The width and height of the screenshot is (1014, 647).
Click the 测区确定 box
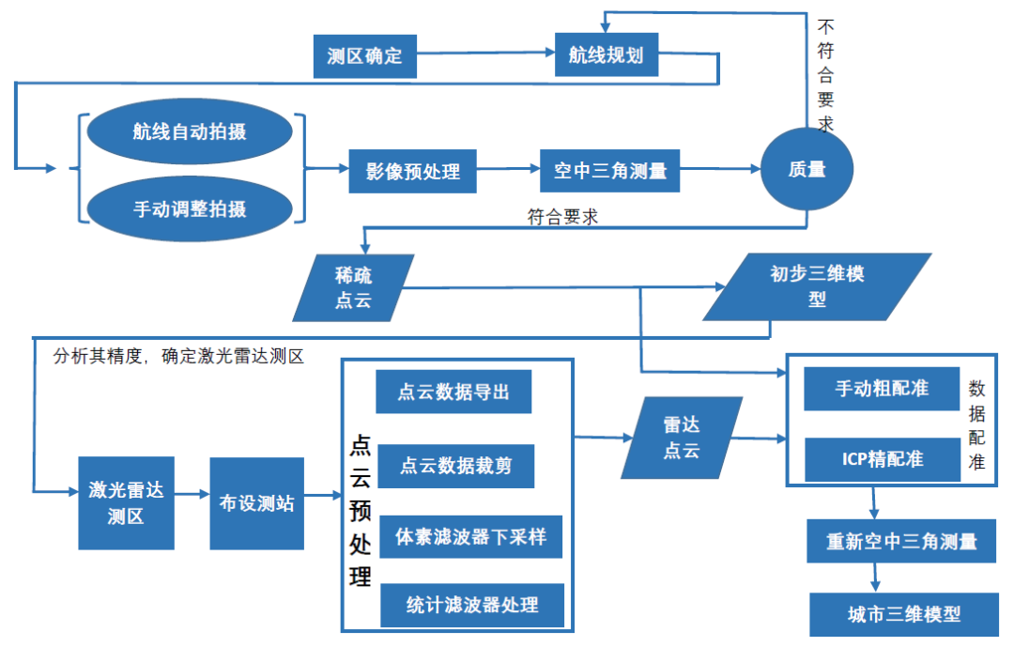(x=364, y=56)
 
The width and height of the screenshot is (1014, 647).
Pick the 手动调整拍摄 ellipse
(x=189, y=209)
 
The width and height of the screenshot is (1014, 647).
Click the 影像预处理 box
(x=412, y=172)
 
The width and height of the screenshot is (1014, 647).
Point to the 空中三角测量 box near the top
(x=609, y=171)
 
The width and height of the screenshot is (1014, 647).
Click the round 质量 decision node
(x=807, y=169)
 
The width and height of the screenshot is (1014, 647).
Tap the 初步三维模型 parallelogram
(x=816, y=286)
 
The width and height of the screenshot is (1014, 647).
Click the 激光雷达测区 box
(x=126, y=502)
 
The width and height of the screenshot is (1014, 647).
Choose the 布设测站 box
(x=256, y=503)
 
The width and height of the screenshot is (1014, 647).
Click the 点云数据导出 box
(x=453, y=392)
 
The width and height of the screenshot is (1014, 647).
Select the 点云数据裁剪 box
(x=456, y=465)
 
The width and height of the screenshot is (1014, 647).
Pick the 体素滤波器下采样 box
(x=470, y=538)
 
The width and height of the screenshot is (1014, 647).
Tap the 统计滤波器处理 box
(x=472, y=604)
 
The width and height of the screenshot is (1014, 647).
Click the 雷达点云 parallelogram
(x=682, y=437)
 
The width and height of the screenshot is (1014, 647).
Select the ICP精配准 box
(x=883, y=459)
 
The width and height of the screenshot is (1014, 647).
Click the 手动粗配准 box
(x=882, y=388)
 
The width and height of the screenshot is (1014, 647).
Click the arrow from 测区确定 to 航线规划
(x=484, y=55)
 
